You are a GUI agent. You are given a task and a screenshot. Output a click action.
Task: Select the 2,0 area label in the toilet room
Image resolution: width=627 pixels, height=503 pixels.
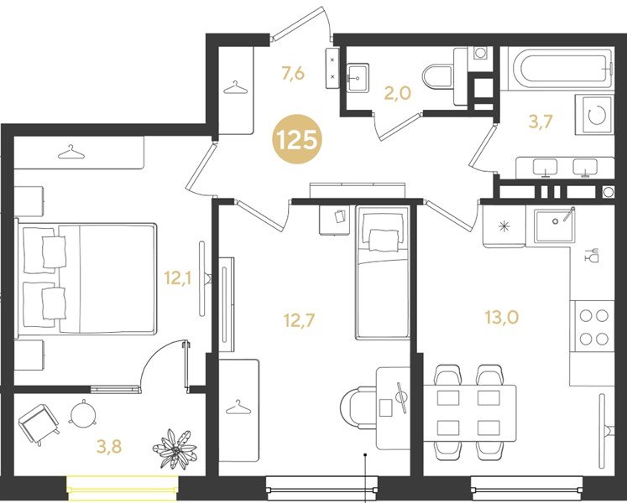pos(396,93)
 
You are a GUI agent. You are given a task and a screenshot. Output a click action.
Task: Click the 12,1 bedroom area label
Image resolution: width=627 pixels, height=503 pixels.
pos(178,277)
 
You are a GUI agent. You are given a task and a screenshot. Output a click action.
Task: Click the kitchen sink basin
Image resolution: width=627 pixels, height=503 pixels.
pos(555,224)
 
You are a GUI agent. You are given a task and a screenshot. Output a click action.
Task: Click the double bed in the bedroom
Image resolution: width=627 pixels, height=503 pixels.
pos(87,277)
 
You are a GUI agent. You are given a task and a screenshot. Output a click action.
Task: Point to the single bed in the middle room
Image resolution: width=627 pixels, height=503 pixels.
pos(381,272)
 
